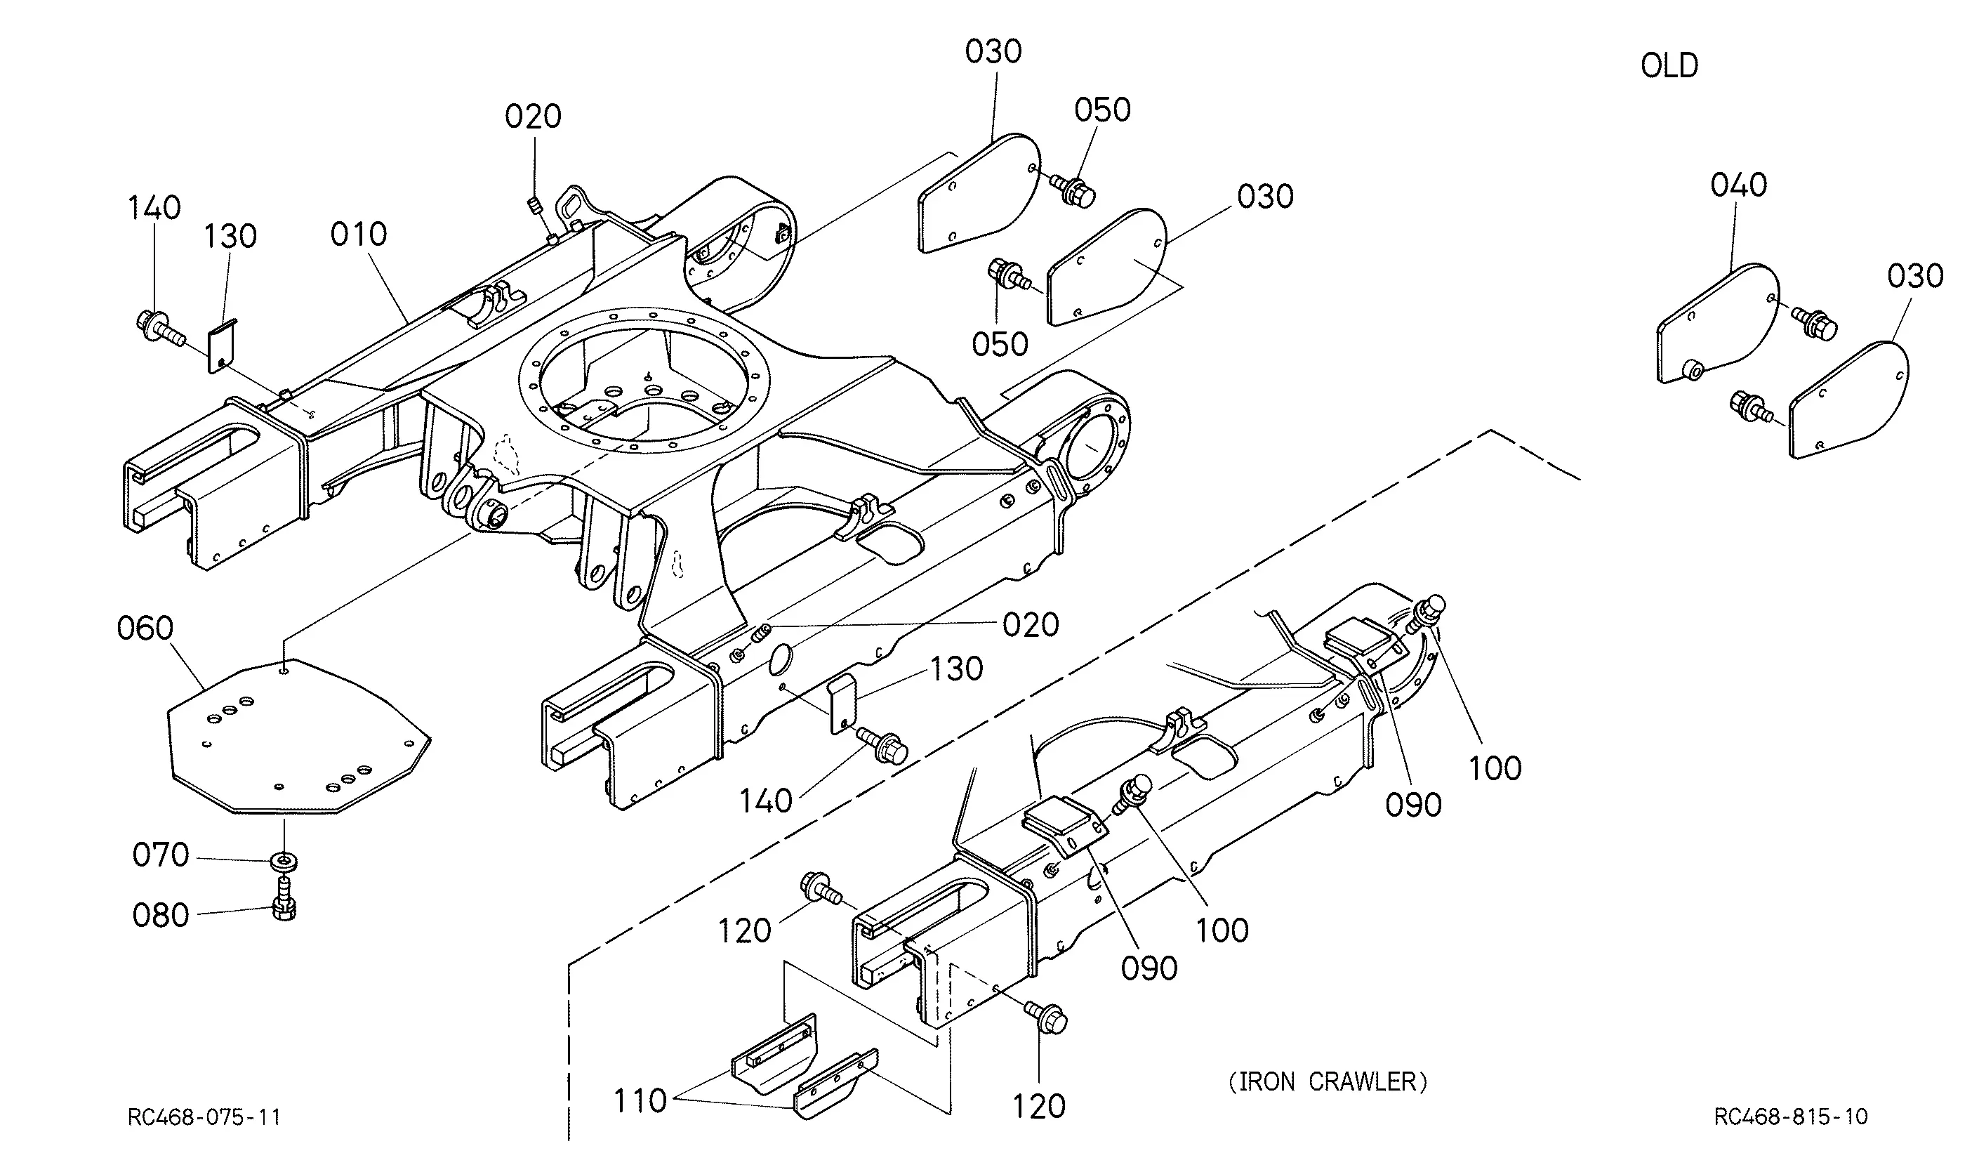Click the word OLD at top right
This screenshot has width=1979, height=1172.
1669,65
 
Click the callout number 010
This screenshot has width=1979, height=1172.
359,234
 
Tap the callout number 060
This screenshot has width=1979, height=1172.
145,628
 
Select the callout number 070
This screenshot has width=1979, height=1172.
160,855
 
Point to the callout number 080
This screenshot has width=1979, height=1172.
160,915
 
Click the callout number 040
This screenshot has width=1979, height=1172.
1738,185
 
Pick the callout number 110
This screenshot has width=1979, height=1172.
640,1100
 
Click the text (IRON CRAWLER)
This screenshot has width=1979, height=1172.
1328,1081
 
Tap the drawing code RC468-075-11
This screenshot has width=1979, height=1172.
204,1117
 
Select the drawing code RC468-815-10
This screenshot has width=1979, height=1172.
1791,1117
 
